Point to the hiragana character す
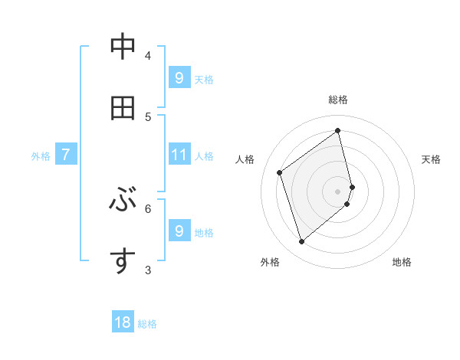pos(123,261)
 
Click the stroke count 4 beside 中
pos(148,55)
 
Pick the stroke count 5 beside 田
pos(148,116)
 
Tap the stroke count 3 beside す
pos(148,270)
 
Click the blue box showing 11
pos(179,155)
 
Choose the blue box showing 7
pos(66,155)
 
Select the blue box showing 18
pos(123,323)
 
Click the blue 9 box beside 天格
pos(179,78)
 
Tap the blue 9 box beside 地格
pos(179,231)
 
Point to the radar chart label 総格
pos(338,100)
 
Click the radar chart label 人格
pos(245,159)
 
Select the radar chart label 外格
pos(270,262)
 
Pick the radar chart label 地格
pos(402,262)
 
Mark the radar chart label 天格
pos(431,159)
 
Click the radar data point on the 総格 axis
pos(338,130)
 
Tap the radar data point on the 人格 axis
pos(280,172)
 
